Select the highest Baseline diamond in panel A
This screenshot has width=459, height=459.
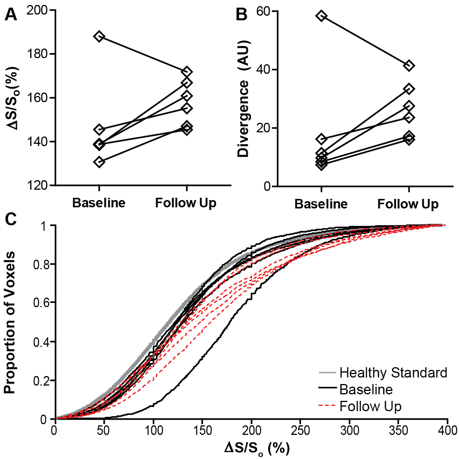click(x=99, y=37)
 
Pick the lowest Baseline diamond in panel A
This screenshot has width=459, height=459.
click(x=99, y=162)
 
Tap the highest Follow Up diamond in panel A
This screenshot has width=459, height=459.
click(x=186, y=72)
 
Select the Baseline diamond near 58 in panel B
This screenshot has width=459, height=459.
click(x=321, y=16)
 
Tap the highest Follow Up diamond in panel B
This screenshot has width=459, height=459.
click(x=409, y=66)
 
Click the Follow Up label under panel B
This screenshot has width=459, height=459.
click(x=408, y=204)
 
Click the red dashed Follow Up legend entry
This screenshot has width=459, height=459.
click(x=370, y=406)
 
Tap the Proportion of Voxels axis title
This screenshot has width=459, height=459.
click(x=10, y=322)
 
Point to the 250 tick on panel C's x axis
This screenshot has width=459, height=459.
click(x=300, y=430)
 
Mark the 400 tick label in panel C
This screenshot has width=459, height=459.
click(x=446, y=430)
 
